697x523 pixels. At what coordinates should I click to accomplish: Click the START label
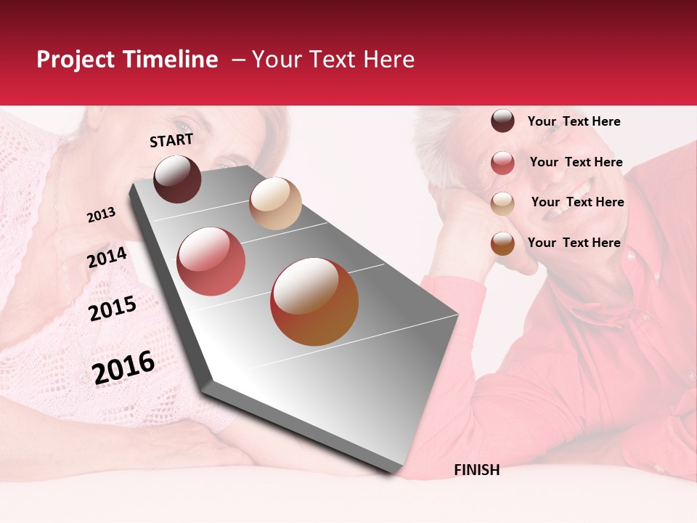pos(171,140)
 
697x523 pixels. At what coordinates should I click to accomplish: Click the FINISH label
pos(476,470)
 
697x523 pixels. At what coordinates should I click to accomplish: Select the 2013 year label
pos(101,215)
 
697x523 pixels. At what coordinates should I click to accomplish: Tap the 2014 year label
pos(107,257)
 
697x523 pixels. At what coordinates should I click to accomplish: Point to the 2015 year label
pos(112,309)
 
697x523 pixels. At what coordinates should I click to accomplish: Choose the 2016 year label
pos(123,367)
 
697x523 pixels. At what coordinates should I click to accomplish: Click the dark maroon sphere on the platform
pos(177,179)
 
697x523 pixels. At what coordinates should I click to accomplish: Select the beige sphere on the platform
pos(275,203)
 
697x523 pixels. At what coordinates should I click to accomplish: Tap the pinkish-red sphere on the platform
pos(211,261)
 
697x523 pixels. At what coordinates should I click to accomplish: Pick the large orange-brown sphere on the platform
pos(314,301)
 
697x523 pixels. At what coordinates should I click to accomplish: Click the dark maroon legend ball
pos(502,121)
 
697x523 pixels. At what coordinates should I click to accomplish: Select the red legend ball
pos(502,163)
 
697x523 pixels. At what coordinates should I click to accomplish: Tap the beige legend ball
pos(502,203)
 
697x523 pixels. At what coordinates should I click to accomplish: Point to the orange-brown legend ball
pos(502,243)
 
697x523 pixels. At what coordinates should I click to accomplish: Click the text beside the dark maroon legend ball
pos(574,121)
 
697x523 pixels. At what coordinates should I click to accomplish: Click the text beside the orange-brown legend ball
pos(574,243)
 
